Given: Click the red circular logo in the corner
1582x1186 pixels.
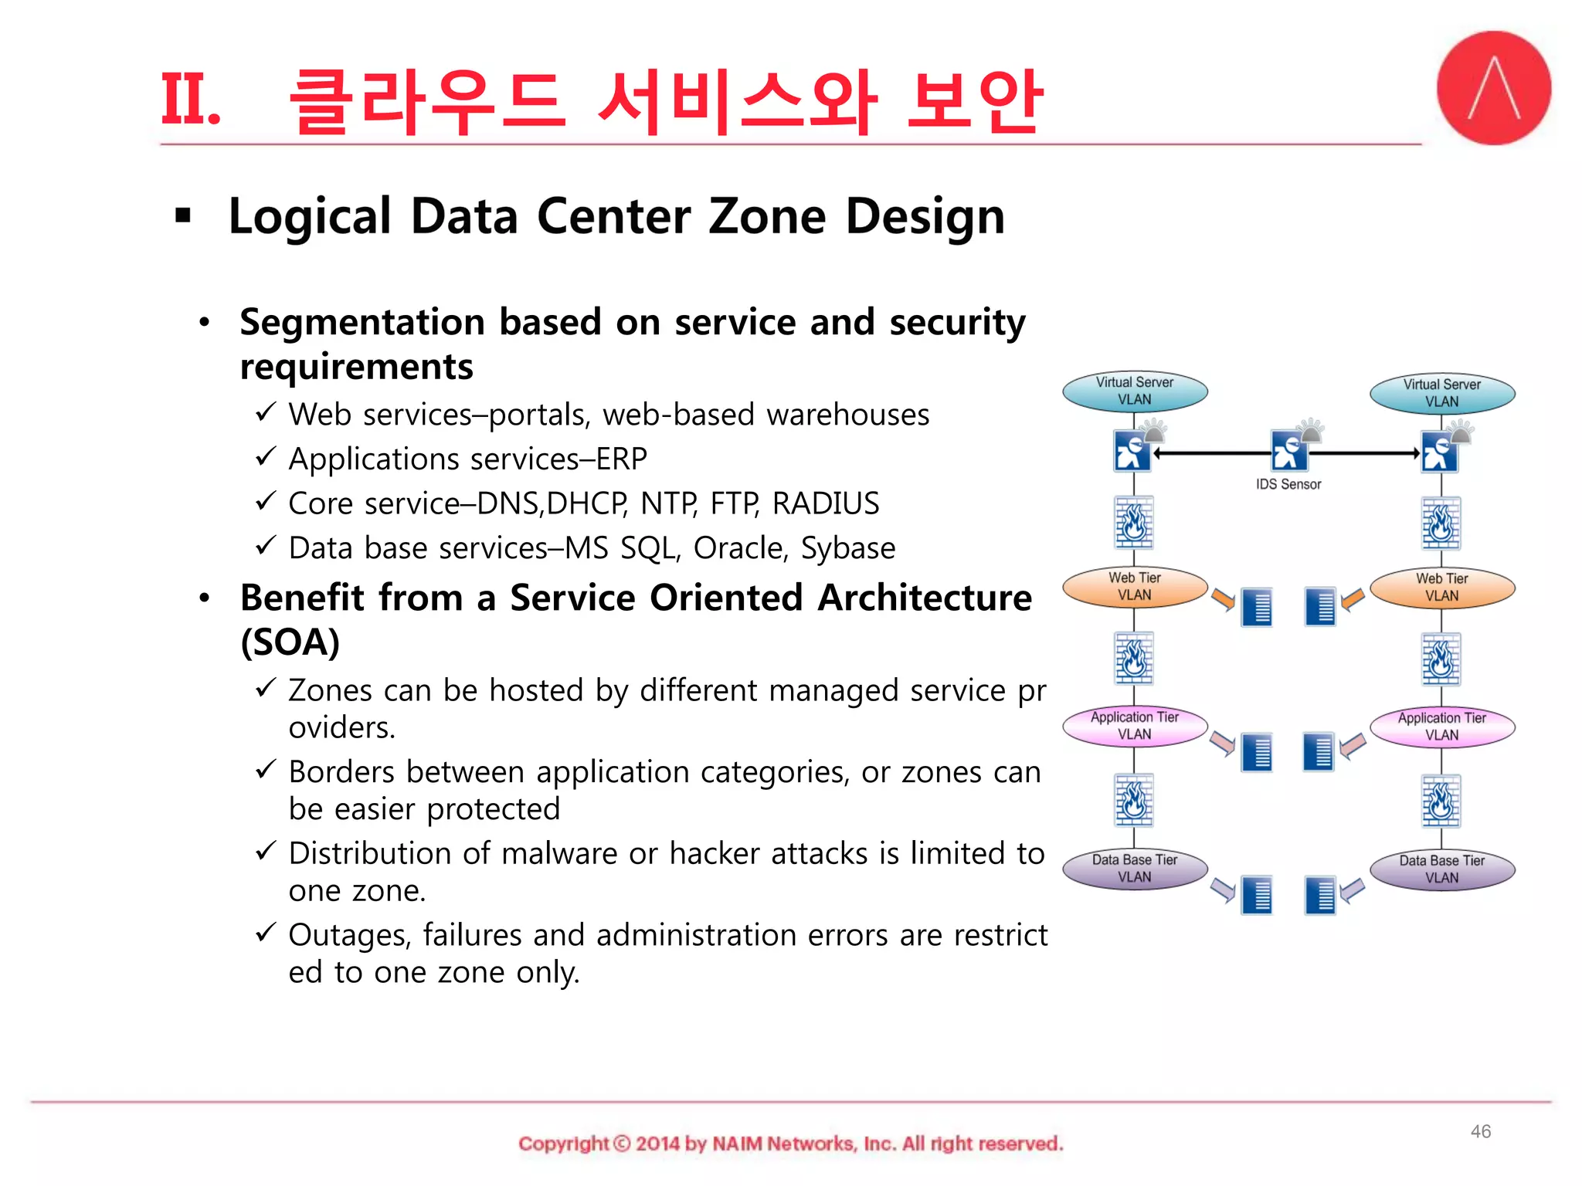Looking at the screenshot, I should [x=1493, y=88].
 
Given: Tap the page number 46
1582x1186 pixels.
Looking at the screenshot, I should [x=1480, y=1131].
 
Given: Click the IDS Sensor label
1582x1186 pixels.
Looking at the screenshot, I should [x=1288, y=484].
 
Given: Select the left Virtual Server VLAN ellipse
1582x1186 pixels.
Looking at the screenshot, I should [x=1134, y=391].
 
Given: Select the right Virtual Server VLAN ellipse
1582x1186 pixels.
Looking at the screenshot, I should [x=1441, y=393].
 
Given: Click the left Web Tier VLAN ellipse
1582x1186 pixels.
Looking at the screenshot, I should [x=1134, y=587].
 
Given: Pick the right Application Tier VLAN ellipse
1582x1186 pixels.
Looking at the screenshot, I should [x=1441, y=727].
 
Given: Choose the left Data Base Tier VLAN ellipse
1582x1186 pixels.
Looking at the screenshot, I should [x=1134, y=869].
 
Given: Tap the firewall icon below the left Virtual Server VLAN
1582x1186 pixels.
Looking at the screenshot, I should [x=1133, y=523].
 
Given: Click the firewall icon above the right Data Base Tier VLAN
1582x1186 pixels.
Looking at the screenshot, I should [x=1441, y=801].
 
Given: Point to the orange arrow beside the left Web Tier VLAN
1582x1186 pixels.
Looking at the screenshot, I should [x=1223, y=599].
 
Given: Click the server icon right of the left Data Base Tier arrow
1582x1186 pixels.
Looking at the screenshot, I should [x=1257, y=896].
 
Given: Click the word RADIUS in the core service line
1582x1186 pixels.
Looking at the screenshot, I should [x=825, y=503].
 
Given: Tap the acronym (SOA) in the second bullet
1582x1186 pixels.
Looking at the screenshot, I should [x=290, y=642].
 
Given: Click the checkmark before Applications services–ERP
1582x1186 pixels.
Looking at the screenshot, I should [x=265, y=457].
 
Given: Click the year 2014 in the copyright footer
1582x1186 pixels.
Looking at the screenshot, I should [x=657, y=1144].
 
